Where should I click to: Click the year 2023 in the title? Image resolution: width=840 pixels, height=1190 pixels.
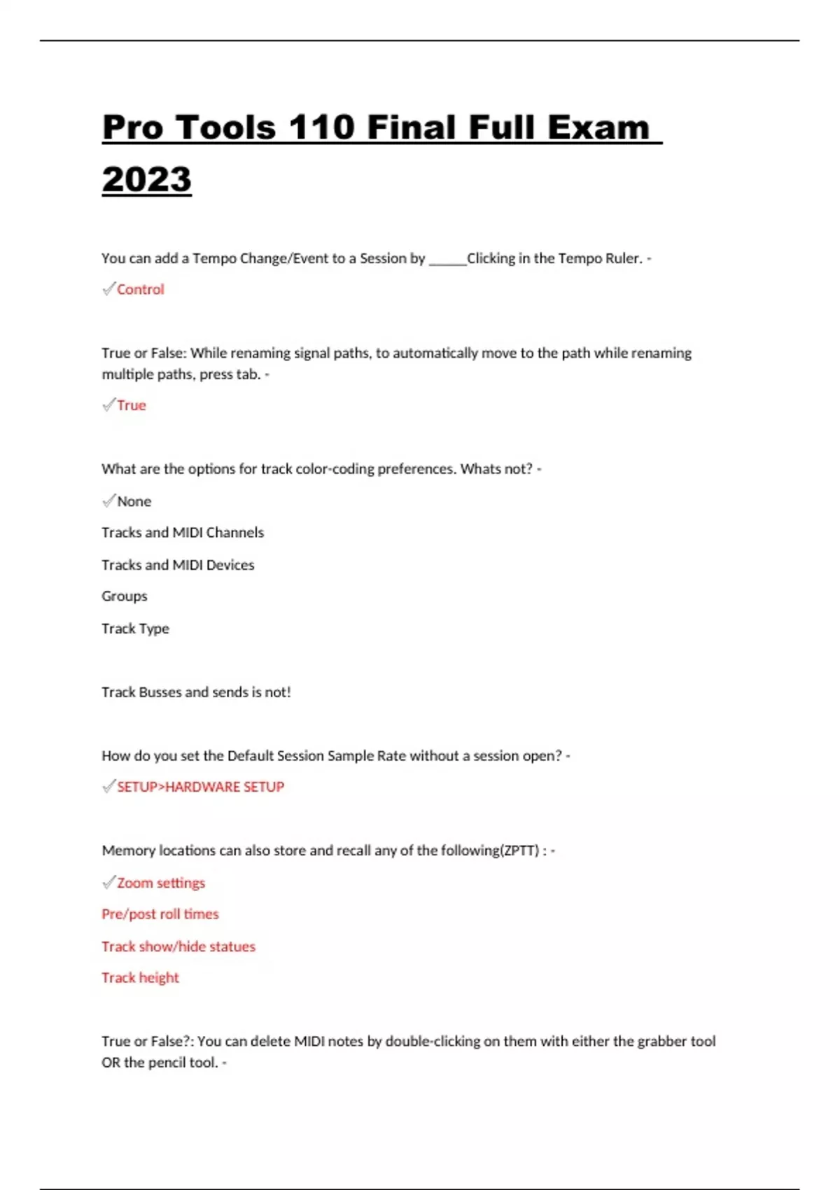pyautogui.click(x=146, y=179)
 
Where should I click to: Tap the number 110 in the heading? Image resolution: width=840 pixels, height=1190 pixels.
pyautogui.click(x=322, y=127)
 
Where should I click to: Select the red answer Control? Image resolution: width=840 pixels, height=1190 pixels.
pyautogui.click(x=140, y=289)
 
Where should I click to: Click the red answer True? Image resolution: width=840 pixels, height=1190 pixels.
pyautogui.click(x=132, y=405)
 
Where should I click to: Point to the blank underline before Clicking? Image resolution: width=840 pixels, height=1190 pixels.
pyautogui.click(x=447, y=260)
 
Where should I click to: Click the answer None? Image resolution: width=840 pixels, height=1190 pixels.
pyautogui.click(x=134, y=501)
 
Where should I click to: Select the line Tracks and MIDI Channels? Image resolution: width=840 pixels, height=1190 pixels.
pyautogui.click(x=183, y=533)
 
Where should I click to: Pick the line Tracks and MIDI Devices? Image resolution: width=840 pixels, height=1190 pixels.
pyautogui.click(x=178, y=565)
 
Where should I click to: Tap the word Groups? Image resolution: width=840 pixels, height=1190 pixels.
pyautogui.click(x=125, y=596)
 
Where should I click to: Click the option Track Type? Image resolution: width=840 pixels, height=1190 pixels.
pyautogui.click(x=135, y=629)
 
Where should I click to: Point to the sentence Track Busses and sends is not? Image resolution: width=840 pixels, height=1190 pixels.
pyautogui.click(x=196, y=692)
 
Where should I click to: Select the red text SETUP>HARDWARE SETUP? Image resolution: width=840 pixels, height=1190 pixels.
pyautogui.click(x=200, y=787)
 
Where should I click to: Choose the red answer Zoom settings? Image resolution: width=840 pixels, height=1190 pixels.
pyautogui.click(x=161, y=883)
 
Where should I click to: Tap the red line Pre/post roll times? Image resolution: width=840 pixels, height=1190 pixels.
pyautogui.click(x=160, y=914)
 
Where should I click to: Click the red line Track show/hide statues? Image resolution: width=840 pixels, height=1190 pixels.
pyautogui.click(x=178, y=946)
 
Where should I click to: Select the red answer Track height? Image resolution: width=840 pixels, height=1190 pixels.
pyautogui.click(x=140, y=978)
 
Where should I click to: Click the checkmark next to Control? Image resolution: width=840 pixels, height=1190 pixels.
pyautogui.click(x=108, y=288)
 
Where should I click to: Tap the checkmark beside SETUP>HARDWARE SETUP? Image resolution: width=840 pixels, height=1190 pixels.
pyautogui.click(x=108, y=786)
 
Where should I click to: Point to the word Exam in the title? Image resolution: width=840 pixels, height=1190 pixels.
pyautogui.click(x=598, y=127)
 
